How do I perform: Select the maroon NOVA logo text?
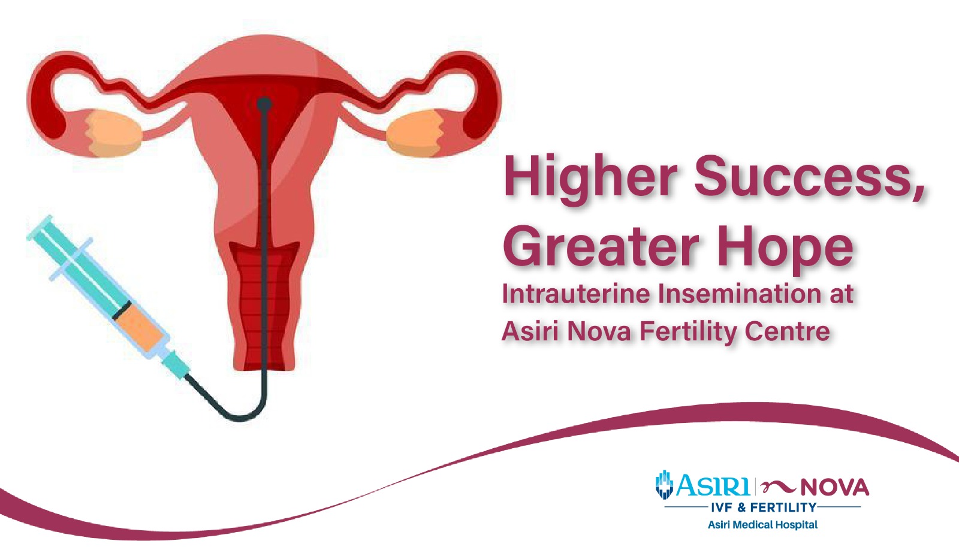[x=834, y=488]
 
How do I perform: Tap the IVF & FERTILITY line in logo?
[x=764, y=507]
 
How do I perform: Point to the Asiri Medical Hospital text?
[x=762, y=525]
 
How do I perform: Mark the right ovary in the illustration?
[x=414, y=133]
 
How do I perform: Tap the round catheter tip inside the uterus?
[x=264, y=104]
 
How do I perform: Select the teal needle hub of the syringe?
[x=175, y=364]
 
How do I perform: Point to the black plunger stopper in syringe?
[x=122, y=310]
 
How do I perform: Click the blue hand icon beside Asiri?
[x=664, y=485]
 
